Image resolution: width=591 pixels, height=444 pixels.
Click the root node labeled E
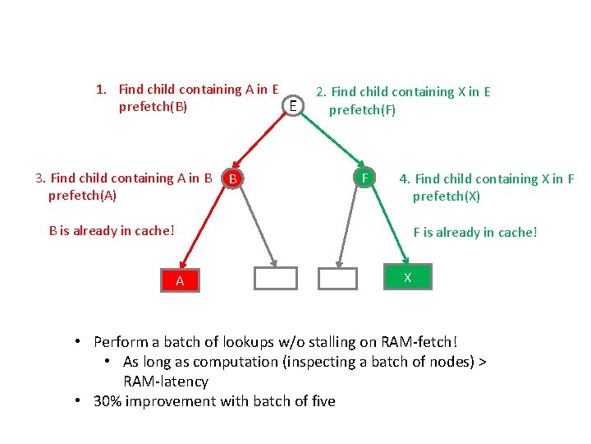pyautogui.click(x=292, y=104)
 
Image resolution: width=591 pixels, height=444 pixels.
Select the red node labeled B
pyautogui.click(x=233, y=178)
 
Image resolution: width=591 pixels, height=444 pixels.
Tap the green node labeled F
pyautogui.click(x=363, y=177)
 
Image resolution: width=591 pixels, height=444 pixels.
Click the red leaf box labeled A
pyautogui.click(x=180, y=281)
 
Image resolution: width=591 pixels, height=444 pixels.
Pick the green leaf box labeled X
pyautogui.click(x=407, y=278)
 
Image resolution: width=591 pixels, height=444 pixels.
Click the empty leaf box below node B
pyautogui.click(x=275, y=278)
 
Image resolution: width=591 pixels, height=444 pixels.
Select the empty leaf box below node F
pyautogui.click(x=338, y=278)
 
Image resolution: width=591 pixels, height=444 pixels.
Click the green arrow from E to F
pyautogui.click(x=328, y=140)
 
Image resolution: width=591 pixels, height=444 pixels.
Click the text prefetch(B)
pyautogui.click(x=153, y=107)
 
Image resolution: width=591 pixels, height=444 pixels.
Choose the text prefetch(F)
pyautogui.click(x=362, y=109)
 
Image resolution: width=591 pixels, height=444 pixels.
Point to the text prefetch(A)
pyautogui.click(x=82, y=196)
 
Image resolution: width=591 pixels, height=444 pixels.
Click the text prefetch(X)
pyautogui.click(x=447, y=197)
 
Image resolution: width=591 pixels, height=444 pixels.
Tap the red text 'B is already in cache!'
pyautogui.click(x=112, y=230)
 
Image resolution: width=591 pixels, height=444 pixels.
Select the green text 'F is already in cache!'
pyautogui.click(x=475, y=232)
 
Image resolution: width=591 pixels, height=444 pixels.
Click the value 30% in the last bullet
pyautogui.click(x=109, y=401)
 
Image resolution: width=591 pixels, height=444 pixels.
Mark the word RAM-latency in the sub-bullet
pyautogui.click(x=166, y=382)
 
